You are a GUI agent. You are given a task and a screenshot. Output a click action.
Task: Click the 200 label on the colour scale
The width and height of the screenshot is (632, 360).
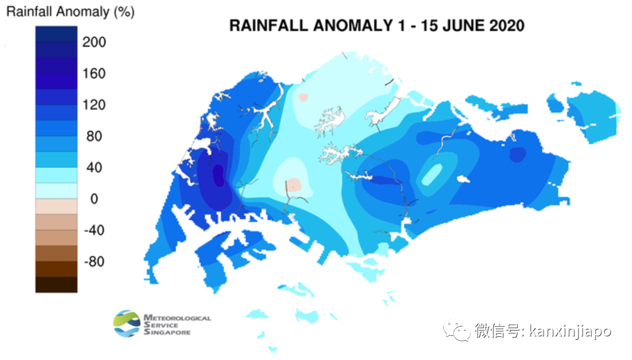pyautogui.click(x=94, y=42)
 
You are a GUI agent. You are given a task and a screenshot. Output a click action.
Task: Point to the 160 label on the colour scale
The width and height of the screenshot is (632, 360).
pyautogui.click(x=94, y=74)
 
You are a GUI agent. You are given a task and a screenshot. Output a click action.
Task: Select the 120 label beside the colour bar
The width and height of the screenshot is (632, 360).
pyautogui.click(x=94, y=105)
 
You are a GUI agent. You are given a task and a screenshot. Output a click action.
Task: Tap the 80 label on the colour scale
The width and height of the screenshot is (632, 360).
pyautogui.click(x=94, y=136)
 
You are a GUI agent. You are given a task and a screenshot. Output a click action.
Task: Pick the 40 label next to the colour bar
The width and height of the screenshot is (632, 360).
pyautogui.click(x=94, y=167)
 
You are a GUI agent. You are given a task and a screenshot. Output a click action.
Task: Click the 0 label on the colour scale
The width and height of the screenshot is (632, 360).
pyautogui.click(x=94, y=199)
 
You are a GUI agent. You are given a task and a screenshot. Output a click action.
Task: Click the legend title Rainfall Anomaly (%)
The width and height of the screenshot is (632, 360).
pyautogui.click(x=70, y=12)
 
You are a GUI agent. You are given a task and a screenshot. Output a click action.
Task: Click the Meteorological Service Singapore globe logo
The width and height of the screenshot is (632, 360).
pyautogui.click(x=127, y=323)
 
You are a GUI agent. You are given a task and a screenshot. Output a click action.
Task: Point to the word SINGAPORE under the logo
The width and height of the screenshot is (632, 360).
pyautogui.click(x=167, y=332)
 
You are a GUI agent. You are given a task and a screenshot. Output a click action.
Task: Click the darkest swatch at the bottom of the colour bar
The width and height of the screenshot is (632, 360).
pyautogui.click(x=56, y=285)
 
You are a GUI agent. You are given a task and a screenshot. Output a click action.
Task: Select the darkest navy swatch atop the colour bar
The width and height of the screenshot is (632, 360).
pyautogui.click(x=56, y=35)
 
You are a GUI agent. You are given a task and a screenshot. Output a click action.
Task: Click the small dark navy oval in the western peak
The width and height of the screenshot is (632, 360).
pyautogui.click(x=218, y=175)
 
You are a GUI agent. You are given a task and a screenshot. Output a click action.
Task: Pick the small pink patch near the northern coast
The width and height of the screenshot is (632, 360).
pyautogui.click(x=303, y=97)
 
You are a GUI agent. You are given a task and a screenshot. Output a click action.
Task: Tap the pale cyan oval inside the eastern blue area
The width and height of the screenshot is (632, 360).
pyautogui.click(x=432, y=174)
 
